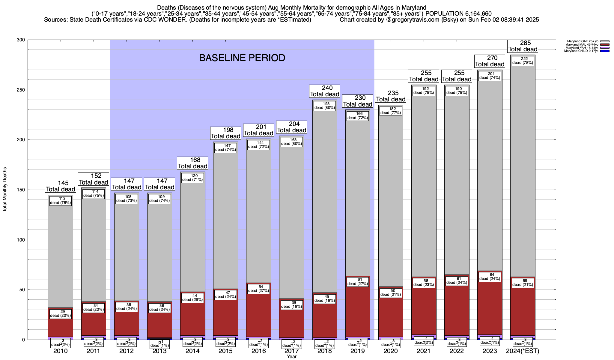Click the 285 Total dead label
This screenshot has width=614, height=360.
click(x=523, y=46)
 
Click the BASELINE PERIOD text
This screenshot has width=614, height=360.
click(x=242, y=58)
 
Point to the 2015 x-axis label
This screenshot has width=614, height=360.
click(x=225, y=351)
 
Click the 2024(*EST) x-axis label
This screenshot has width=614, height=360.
click(x=523, y=351)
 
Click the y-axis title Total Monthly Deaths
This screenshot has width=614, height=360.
click(x=5, y=190)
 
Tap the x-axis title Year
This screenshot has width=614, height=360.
click(x=291, y=357)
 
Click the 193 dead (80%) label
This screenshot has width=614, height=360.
click(x=325, y=106)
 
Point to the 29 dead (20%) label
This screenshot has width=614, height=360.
click(x=61, y=313)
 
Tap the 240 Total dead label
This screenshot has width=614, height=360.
click(x=325, y=91)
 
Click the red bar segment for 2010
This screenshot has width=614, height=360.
click(x=61, y=327)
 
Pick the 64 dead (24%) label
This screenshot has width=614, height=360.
click(x=490, y=277)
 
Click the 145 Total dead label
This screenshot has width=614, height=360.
click(x=61, y=186)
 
